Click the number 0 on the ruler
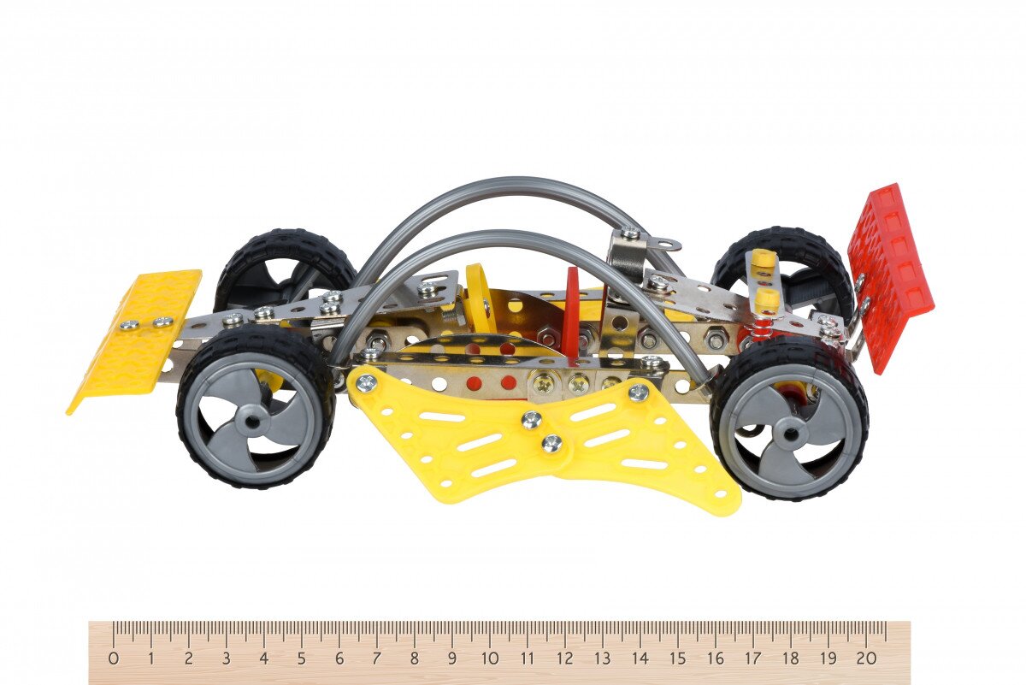[x=114, y=658]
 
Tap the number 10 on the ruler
[x=490, y=658]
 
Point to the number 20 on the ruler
[x=866, y=658]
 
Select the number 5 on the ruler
[x=301, y=658]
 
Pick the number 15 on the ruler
[x=677, y=658]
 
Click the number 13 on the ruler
[x=602, y=658]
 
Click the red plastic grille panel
[x=890, y=278]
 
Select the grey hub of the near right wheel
[x=788, y=433]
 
